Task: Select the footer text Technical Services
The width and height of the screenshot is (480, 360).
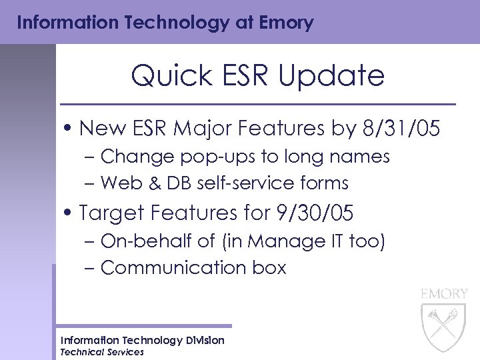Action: [x=101, y=352]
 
